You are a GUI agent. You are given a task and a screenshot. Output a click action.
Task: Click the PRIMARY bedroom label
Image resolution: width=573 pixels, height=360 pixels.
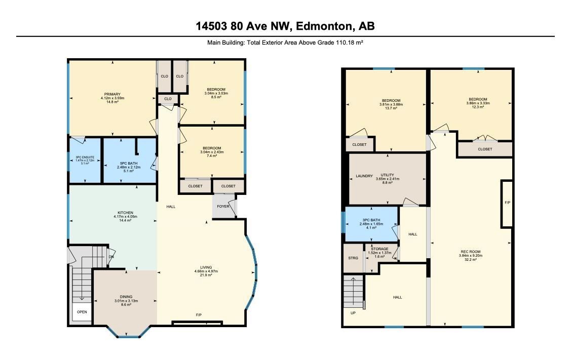[112, 94]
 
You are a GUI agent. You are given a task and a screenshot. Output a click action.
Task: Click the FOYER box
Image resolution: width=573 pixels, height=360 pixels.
[223, 207]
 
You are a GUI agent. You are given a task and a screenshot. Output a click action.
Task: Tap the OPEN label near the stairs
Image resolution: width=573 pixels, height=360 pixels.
[82, 312]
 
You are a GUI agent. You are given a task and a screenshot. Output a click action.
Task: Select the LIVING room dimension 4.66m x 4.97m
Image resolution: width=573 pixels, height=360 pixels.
[206, 271]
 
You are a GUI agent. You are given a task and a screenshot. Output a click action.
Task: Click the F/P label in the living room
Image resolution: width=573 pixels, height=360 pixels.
[199, 315]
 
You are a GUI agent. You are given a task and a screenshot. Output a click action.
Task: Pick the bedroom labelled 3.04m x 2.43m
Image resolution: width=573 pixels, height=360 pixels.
[211, 152]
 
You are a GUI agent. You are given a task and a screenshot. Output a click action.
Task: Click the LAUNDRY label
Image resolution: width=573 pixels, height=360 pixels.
[364, 176]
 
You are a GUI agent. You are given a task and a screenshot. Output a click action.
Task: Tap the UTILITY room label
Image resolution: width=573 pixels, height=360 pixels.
[387, 175]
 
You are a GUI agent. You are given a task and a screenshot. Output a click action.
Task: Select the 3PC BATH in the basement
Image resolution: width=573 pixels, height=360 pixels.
[371, 220]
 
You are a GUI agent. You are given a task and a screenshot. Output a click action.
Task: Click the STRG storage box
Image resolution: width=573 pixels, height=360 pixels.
[352, 258]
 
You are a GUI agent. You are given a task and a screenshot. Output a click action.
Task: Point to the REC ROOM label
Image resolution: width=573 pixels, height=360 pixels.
[471, 252]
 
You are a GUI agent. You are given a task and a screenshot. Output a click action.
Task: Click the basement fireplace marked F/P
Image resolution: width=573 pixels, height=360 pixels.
[507, 203]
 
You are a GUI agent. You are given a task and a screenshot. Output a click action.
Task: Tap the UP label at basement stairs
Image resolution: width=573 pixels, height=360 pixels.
[353, 312]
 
